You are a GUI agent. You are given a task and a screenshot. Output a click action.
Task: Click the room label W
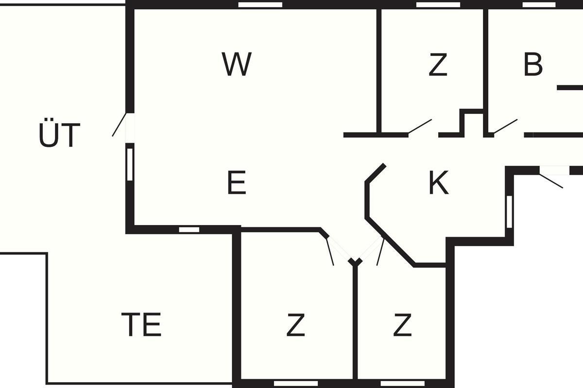tap(237, 64)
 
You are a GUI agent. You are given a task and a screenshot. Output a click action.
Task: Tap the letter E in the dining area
tap(237, 182)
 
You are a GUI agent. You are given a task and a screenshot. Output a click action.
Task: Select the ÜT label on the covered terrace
tap(59, 132)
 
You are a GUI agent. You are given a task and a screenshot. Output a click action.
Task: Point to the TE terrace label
tap(141, 324)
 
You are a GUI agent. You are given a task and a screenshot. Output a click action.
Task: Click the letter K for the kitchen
tap(439, 182)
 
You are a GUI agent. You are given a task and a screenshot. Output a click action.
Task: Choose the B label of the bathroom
tap(533, 64)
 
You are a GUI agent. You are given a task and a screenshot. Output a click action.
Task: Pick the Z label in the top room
tap(438, 64)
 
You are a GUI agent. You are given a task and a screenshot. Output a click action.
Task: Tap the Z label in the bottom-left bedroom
tap(296, 324)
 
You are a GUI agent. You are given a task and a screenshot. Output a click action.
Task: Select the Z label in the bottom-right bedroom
tap(402, 324)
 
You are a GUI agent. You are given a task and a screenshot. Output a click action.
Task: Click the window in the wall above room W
tap(260, 5)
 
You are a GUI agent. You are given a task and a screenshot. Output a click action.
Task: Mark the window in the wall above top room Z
tap(438, 5)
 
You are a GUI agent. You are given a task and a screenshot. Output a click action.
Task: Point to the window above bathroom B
tap(539, 5)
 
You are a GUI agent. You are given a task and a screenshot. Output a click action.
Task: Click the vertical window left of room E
tap(130, 164)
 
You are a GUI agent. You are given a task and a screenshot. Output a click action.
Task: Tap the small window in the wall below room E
tap(189, 229)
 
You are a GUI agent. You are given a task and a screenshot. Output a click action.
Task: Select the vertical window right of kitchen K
tap(509, 212)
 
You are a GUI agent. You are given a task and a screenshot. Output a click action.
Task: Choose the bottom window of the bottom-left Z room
tap(296, 384)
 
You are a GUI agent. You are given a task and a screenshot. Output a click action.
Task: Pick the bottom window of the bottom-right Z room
tap(403, 384)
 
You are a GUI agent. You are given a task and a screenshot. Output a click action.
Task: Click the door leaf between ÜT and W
tap(120, 124)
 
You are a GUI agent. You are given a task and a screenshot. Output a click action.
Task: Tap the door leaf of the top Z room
tap(420, 126)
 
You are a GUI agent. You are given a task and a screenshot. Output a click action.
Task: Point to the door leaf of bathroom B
tap(506, 126)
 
